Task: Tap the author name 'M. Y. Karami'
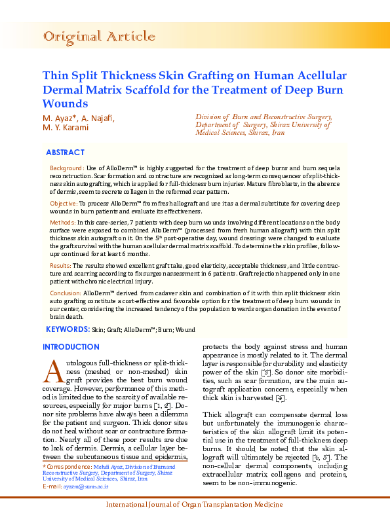pyautogui.click(x=65, y=127)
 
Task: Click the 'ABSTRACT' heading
pyautogui.click(x=65, y=153)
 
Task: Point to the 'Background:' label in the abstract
pyautogui.click(x=67, y=169)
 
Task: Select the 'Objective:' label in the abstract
pyautogui.click(x=64, y=204)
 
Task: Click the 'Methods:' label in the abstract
pyautogui.click(x=62, y=223)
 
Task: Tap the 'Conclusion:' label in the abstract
pyautogui.click(x=66, y=293)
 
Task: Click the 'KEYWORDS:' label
pyautogui.click(x=68, y=329)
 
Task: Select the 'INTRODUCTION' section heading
pyautogui.click(x=71, y=347)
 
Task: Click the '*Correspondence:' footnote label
pyautogui.click(x=66, y=465)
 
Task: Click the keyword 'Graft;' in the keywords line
pyautogui.click(x=115, y=329)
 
